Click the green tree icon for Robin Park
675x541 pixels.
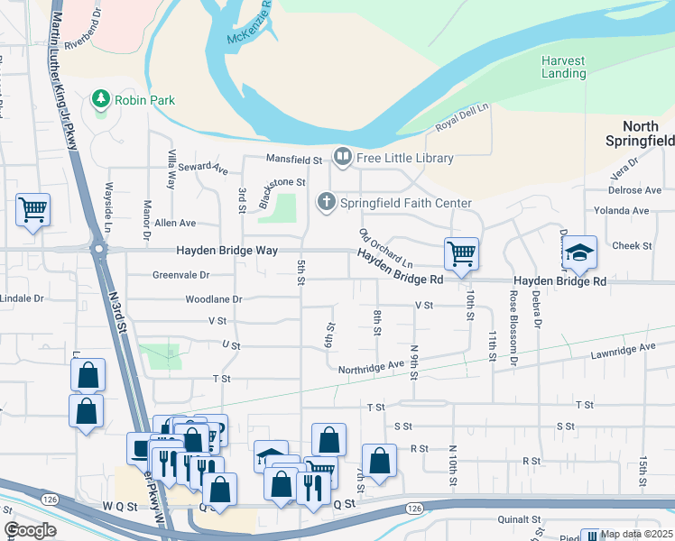101,99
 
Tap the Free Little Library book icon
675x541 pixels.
343,159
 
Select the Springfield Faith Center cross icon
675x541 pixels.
325,202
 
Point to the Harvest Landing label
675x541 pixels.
563,67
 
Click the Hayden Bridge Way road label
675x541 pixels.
226,251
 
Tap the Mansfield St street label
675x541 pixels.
293,160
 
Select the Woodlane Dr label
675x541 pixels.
214,298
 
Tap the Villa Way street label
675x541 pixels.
170,170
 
